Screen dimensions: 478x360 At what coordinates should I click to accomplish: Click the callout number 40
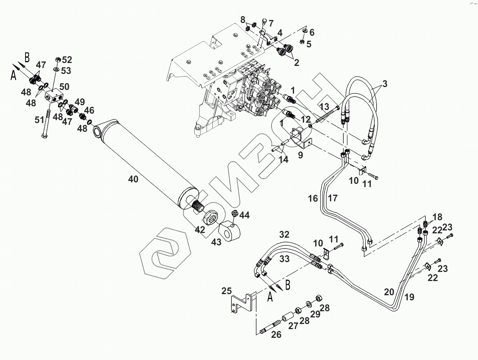pos(133,179)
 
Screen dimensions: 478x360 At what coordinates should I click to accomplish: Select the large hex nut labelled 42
pos(211,218)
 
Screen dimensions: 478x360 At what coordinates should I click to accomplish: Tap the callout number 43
pos(216,242)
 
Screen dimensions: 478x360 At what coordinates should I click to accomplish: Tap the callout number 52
pos(67,60)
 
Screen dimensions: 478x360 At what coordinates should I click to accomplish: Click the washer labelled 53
pos(56,70)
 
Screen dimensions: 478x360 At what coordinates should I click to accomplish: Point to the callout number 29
pos(315,314)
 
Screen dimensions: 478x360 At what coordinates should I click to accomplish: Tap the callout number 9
pos(300,155)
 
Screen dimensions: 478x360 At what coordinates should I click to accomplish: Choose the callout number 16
pos(313,198)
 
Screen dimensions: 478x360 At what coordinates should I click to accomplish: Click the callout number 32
pos(284,234)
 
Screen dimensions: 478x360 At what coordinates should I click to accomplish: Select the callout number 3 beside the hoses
pos(385,84)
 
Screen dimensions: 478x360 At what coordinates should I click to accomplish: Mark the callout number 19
pos(409,297)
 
